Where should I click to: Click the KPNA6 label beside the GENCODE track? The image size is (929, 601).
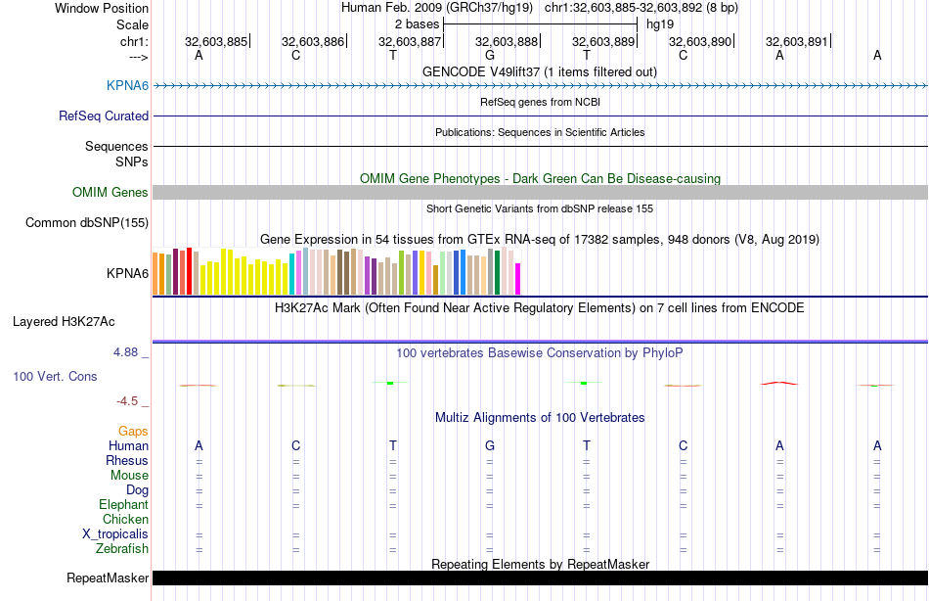click(127, 86)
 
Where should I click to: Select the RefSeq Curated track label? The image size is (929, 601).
click(104, 116)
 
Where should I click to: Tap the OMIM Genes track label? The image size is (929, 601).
click(111, 193)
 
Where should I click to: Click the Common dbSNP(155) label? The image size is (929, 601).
click(87, 223)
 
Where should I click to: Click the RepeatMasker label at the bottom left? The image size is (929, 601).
click(108, 578)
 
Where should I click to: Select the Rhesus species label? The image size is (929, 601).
click(127, 461)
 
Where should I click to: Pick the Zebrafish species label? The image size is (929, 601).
click(122, 549)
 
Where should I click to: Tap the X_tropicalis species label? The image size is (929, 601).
click(115, 534)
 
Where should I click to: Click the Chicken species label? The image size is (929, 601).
click(125, 520)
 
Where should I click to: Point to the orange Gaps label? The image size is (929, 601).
click(133, 432)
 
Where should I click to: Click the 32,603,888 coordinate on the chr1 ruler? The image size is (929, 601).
click(507, 42)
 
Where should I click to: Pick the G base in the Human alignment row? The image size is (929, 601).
click(489, 446)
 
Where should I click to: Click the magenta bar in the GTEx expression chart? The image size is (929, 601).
click(518, 279)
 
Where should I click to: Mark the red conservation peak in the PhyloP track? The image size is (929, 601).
click(779, 383)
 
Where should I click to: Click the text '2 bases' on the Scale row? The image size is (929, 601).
click(417, 23)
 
